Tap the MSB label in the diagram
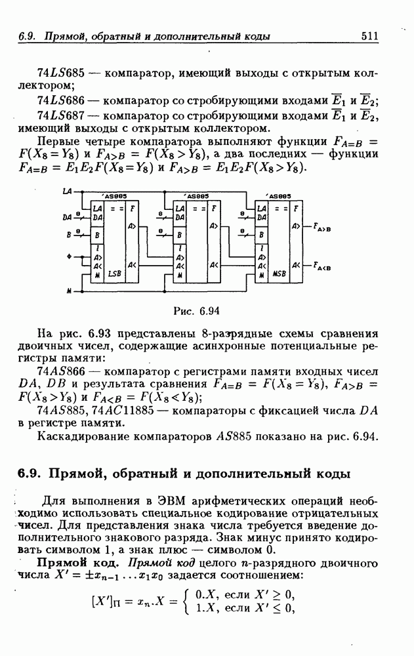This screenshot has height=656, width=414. click(279, 273)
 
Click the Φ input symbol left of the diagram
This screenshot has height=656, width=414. click(68, 256)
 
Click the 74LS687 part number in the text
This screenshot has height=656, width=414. click(60, 116)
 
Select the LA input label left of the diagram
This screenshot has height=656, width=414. click(67, 192)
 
